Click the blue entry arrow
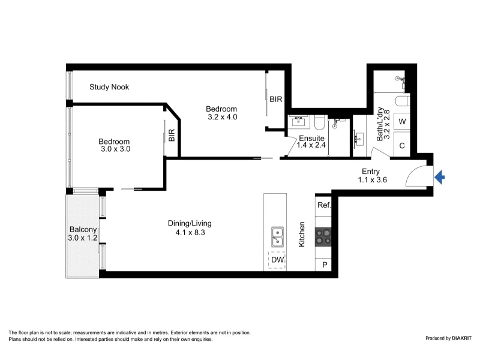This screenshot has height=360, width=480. click(440, 177)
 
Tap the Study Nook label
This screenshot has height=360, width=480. click(109, 87)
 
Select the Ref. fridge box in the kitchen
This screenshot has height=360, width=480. click(323, 205)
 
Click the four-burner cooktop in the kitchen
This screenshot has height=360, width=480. click(323, 237)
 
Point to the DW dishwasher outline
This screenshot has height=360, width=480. click(277, 260)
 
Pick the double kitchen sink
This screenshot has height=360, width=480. click(277, 237)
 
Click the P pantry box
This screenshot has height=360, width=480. click(323, 265)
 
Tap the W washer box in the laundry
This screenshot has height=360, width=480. click(402, 122)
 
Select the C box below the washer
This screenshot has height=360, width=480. click(402, 145)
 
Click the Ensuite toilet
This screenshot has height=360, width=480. click(320, 122)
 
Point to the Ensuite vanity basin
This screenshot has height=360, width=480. click(298, 121)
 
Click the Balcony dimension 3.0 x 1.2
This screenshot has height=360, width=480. click(82, 238)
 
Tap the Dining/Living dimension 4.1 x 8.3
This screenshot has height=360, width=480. click(190, 233)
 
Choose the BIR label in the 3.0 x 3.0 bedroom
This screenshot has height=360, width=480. click(172, 136)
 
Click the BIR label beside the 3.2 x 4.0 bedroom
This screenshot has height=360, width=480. click(276, 99)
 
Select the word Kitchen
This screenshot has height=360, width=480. click(302, 234)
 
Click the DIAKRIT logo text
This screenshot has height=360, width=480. click(461, 338)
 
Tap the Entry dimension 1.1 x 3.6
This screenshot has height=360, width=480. click(372, 179)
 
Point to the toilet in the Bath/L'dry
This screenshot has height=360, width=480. click(403, 101)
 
